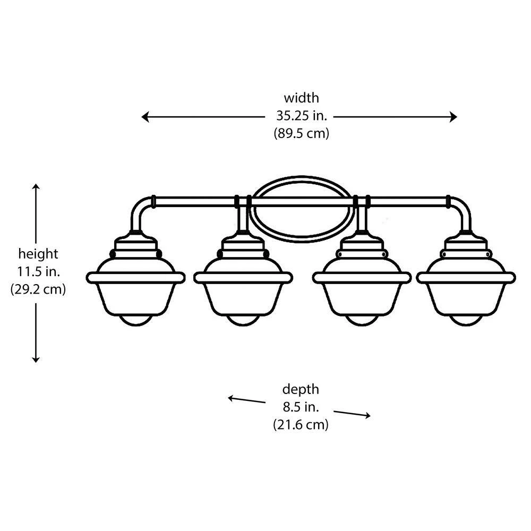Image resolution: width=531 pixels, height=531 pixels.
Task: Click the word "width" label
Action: (x=301, y=98)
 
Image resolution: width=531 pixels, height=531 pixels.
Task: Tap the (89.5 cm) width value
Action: (x=301, y=133)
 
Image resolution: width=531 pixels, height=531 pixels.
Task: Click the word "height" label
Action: (x=38, y=254)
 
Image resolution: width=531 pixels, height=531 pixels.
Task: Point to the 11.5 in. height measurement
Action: (x=38, y=272)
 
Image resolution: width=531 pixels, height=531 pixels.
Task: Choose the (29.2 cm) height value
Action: (x=38, y=290)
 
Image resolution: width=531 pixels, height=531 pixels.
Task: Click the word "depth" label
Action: (x=301, y=390)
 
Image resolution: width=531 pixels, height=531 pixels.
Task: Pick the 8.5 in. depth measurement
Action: (x=301, y=407)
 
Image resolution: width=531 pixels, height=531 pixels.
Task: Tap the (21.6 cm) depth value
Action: (x=301, y=425)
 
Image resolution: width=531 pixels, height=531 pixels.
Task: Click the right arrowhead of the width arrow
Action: (x=453, y=117)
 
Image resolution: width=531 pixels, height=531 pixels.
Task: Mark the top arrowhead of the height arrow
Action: (x=36, y=187)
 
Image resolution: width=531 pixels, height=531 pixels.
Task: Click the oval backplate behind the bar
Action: (x=301, y=185)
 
